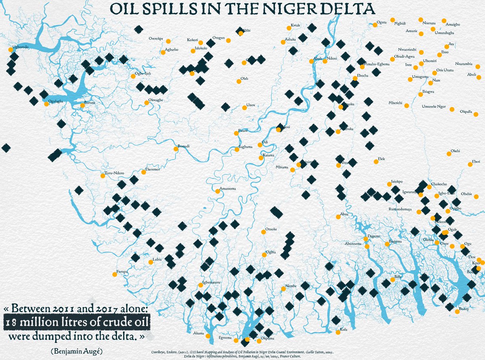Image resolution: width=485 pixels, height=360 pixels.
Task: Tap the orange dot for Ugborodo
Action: click(11, 50)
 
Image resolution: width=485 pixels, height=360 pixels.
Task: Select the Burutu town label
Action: click(89, 103)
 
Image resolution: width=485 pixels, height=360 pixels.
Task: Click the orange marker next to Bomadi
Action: click(176, 149)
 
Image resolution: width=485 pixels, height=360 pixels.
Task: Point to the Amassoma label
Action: click(228, 189)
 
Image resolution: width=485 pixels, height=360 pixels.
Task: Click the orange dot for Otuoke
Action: click(263, 232)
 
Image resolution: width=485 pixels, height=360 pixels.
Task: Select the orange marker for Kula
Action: click(338, 333)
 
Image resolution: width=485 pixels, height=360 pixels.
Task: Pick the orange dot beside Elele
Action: click(376, 162)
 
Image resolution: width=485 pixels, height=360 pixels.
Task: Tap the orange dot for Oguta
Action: click(375, 25)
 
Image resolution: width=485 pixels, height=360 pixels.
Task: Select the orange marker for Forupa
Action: click(115, 275)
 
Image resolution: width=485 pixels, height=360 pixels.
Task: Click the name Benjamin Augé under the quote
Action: click(77, 351)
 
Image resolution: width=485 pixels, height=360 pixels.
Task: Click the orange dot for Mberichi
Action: click(406, 106)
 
